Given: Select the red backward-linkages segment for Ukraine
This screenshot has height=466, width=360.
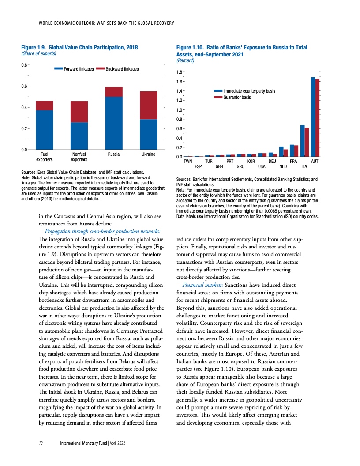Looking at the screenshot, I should tap(148, 105).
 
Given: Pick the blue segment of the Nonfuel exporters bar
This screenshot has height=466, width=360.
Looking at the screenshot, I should tap(79, 136).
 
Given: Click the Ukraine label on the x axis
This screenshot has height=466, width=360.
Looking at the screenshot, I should tap(148, 155).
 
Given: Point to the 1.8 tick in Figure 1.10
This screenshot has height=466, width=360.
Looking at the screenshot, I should tap(180, 72).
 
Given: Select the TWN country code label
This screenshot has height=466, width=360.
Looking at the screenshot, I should tap(187, 162).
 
